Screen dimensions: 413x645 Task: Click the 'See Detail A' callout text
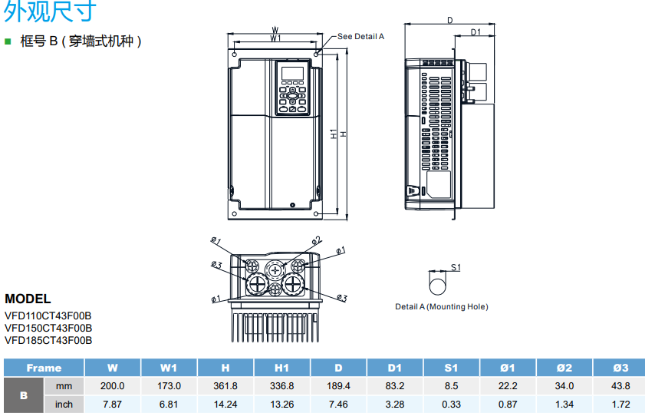pyautogui.click(x=360, y=36)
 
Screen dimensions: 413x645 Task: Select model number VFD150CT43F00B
pyautogui.click(x=48, y=328)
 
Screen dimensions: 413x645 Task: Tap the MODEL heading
pyautogui.click(x=28, y=299)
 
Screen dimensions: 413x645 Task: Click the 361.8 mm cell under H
pyautogui.click(x=225, y=386)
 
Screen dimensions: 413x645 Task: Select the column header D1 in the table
pyautogui.click(x=394, y=368)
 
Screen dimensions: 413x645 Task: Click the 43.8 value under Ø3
pyautogui.click(x=620, y=386)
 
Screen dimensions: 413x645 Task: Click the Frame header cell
pyautogui.click(x=43, y=368)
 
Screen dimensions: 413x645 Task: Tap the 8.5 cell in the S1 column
pyautogui.click(x=451, y=386)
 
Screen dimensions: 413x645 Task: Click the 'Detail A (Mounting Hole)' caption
pyautogui.click(x=441, y=307)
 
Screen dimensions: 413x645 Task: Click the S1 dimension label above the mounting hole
pyautogui.click(x=455, y=267)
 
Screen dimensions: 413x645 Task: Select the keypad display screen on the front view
pyautogui.click(x=291, y=74)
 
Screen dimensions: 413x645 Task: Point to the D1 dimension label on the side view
pyautogui.click(x=476, y=32)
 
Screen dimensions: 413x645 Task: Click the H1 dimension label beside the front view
pyautogui.click(x=334, y=134)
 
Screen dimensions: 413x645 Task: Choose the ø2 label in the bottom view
pyautogui.click(x=316, y=240)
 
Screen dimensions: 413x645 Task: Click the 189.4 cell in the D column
pyautogui.click(x=337, y=386)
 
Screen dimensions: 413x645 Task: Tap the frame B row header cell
pyautogui.click(x=23, y=395)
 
